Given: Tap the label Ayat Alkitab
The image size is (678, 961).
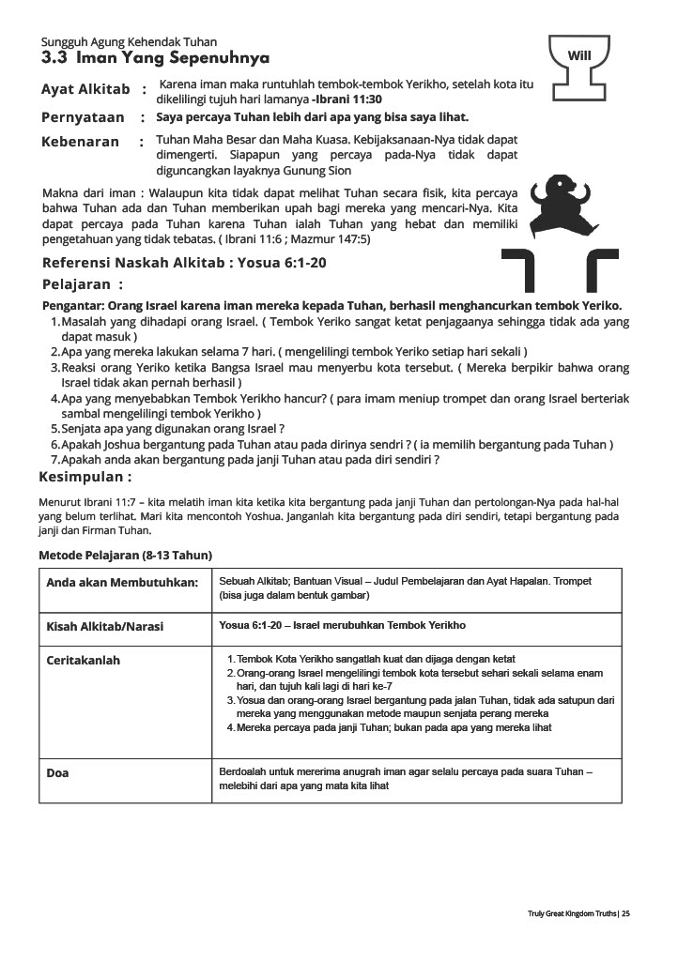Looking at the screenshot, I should [85, 90].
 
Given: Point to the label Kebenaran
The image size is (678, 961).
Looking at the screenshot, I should [81, 142].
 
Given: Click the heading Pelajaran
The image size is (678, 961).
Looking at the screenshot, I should [83, 284].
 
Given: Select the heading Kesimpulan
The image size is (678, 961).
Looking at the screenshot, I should [85, 477].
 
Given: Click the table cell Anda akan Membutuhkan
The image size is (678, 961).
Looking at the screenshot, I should [122, 583].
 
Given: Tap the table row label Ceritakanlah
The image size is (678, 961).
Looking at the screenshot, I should [84, 661].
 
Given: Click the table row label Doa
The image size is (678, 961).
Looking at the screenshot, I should [57, 773].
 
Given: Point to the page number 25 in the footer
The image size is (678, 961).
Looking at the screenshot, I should [625, 913].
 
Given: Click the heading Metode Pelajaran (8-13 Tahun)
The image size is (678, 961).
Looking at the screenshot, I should [125, 555].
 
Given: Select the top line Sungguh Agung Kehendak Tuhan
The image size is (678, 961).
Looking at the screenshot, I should [129, 42].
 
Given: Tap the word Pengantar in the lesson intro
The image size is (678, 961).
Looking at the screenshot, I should [73, 306].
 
